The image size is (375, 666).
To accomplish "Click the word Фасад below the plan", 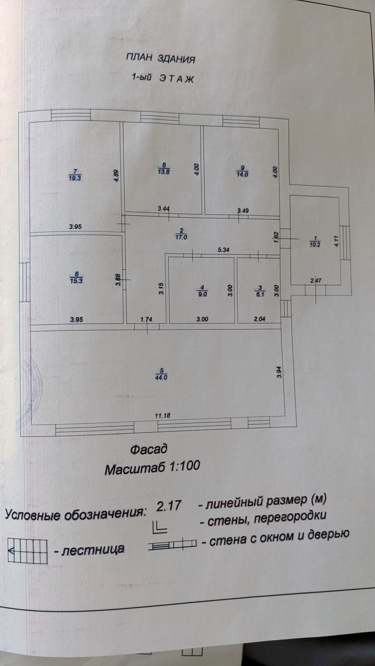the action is (148, 450).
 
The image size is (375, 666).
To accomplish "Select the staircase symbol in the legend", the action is (27, 551).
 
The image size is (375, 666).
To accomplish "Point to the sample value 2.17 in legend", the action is (169, 506).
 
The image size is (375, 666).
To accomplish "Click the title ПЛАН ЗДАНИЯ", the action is (160, 59).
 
